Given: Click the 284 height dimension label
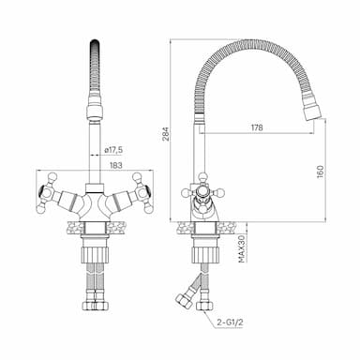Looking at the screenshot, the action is (x=166, y=134).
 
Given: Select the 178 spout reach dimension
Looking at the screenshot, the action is (x=257, y=127).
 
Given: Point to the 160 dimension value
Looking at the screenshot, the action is (x=321, y=172).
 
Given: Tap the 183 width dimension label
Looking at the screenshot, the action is (x=116, y=165).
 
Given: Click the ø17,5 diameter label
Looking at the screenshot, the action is (x=113, y=150).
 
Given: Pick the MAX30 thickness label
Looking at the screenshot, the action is (x=242, y=248).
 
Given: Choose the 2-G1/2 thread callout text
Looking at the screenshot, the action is (x=231, y=322).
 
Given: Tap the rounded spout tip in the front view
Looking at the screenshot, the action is (x=95, y=43).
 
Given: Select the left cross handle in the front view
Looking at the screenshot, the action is (x=47, y=193).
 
